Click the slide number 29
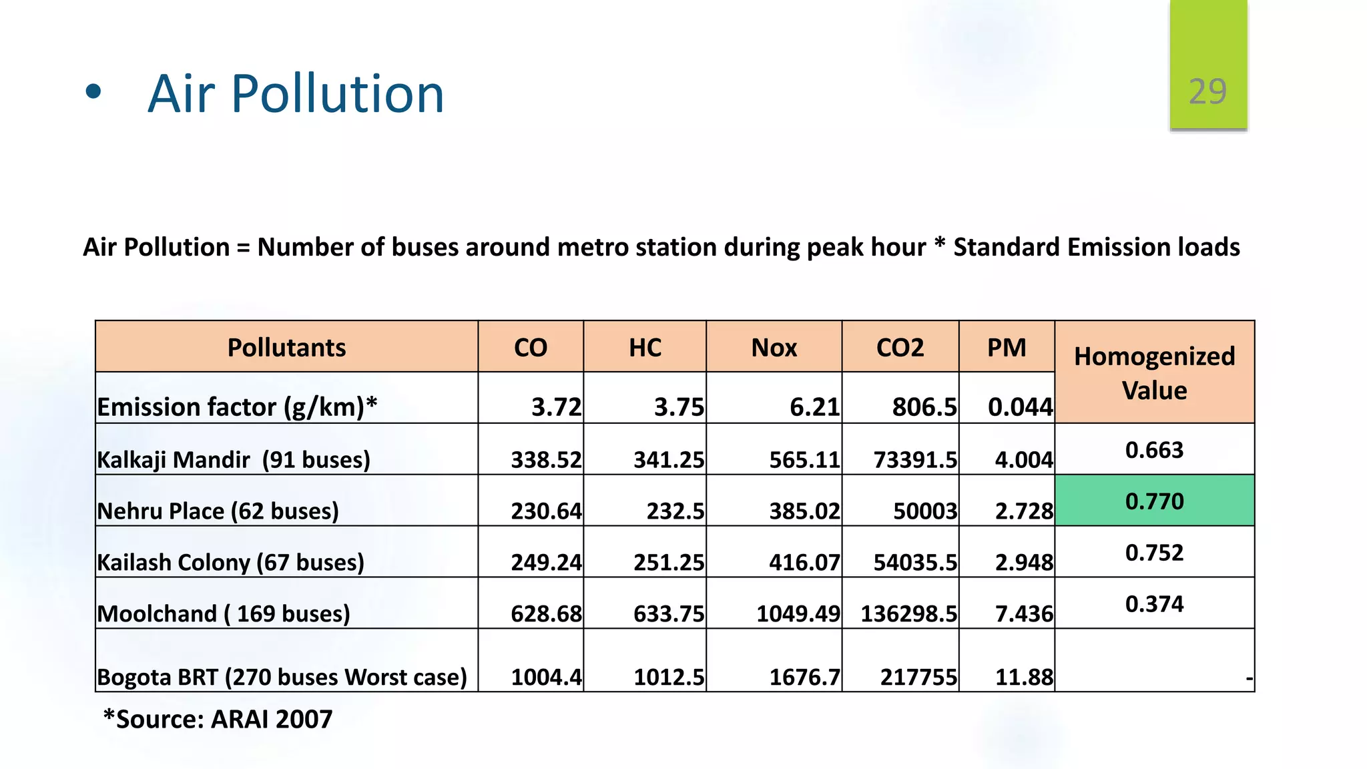1207,91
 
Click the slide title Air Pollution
296,93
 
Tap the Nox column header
774,348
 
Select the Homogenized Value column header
1154,372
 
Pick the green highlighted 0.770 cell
1154,501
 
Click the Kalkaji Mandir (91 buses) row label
234,459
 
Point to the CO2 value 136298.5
908,613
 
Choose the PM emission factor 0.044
1020,407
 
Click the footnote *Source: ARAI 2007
218,719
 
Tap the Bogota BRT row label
282,677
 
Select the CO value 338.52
546,459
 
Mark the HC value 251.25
668,562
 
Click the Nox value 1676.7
804,677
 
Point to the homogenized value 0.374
1154,603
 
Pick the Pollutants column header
286,348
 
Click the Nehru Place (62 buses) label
218,511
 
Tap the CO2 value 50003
925,511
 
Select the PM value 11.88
1024,677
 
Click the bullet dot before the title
93,92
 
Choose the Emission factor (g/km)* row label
237,407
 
